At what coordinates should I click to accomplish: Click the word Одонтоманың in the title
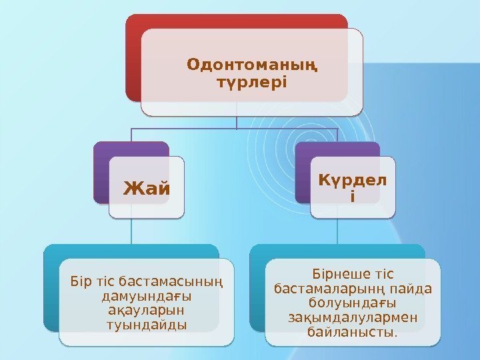tap(252, 65)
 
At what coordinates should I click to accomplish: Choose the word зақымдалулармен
tap(353, 318)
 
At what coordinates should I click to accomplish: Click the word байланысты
tap(353, 332)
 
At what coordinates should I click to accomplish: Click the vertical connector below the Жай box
tap(131, 231)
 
